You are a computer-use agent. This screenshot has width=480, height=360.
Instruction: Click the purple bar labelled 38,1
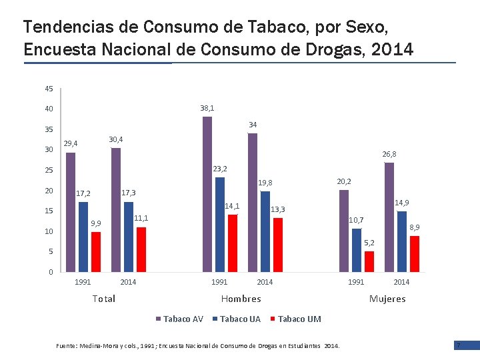click(207, 194)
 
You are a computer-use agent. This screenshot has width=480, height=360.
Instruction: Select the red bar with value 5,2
click(369, 261)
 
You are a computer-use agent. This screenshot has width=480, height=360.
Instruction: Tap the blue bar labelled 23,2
click(220, 224)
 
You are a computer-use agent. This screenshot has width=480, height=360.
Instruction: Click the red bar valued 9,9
click(96, 251)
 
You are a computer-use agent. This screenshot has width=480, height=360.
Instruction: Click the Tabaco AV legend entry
click(180, 319)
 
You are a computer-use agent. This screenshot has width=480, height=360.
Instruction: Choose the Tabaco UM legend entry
click(295, 319)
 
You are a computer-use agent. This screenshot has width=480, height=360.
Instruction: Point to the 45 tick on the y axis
click(49, 89)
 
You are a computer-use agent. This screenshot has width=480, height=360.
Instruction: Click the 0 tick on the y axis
click(51, 272)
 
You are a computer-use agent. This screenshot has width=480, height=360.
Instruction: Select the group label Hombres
click(241, 299)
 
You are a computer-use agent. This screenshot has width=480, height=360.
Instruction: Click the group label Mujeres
click(387, 299)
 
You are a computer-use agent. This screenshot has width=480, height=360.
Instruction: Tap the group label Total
click(105, 299)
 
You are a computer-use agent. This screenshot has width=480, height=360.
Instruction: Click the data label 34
click(253, 125)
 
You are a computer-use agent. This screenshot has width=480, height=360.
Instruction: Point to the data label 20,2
click(345, 181)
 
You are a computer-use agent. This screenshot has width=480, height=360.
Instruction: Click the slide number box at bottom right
click(459, 345)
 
